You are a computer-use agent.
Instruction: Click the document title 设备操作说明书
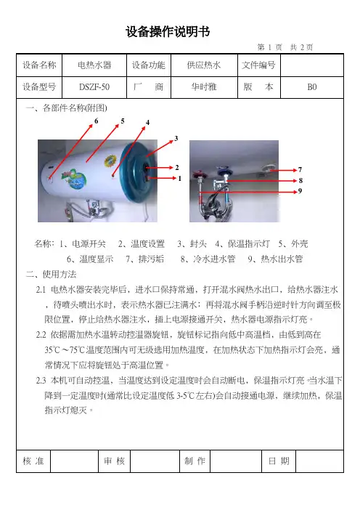pyautogui.click(x=168, y=32)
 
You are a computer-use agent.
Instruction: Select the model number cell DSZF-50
pyautogui.click(x=94, y=87)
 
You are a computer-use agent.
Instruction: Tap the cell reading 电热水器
pyautogui.click(x=94, y=65)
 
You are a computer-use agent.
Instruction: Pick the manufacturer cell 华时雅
pyautogui.click(x=204, y=87)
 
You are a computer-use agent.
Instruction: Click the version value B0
pyautogui.click(x=311, y=87)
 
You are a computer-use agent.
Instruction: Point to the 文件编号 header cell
pyautogui.click(x=258, y=65)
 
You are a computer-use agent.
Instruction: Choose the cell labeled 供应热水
pyautogui.click(x=204, y=65)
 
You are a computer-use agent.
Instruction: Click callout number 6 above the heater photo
pyautogui.click(x=97, y=121)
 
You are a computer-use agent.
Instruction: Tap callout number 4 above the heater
pyautogui.click(x=147, y=123)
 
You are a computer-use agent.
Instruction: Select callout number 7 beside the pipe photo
pyautogui.click(x=300, y=169)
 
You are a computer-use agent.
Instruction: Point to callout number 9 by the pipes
pyautogui.click(x=300, y=191)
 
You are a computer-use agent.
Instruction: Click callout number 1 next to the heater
pyautogui.click(x=179, y=178)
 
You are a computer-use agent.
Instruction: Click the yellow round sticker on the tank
pyautogui.click(x=110, y=161)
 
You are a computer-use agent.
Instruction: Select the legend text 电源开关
pyautogui.click(x=89, y=244)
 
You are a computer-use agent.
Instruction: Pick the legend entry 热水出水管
pyautogui.click(x=282, y=259)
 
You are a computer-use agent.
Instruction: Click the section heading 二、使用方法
pyautogui.click(x=51, y=275)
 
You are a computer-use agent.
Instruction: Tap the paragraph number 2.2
pyautogui.click(x=41, y=335)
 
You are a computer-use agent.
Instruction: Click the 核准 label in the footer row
pyautogui.click(x=33, y=461)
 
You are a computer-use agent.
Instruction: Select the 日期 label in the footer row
pyautogui.click(x=279, y=461)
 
